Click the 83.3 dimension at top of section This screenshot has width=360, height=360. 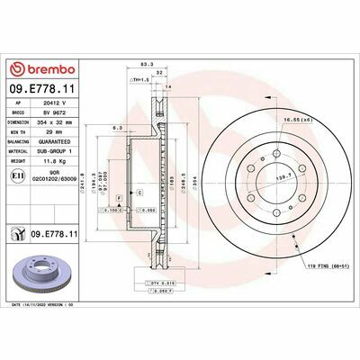(145, 64)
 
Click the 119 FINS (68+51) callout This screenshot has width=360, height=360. (314, 267)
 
